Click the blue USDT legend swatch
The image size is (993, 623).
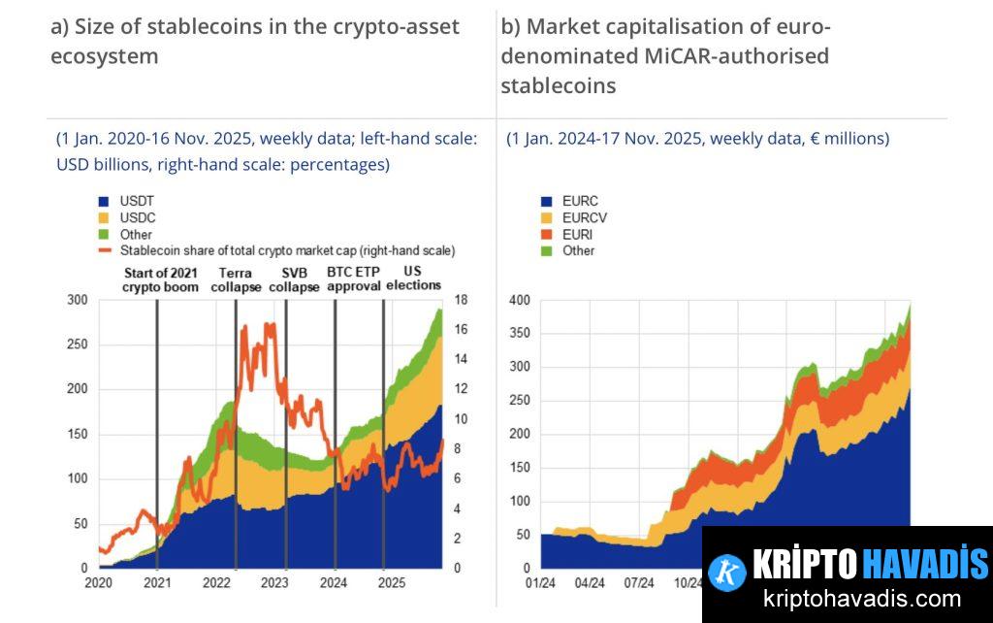[104, 202]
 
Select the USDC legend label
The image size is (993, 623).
[137, 218]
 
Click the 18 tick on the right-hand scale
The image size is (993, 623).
[463, 300]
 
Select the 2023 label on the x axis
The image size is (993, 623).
[274, 584]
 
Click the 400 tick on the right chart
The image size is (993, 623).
[520, 300]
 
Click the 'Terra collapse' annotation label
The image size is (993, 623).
[235, 279]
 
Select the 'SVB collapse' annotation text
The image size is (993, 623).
[294, 279]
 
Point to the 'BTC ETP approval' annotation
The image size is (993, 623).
[353, 279]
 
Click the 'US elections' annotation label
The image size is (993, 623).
[413, 279]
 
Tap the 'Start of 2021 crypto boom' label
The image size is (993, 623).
[160, 279]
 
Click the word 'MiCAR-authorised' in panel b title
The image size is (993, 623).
[736, 56]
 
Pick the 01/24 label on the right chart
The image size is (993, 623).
[540, 584]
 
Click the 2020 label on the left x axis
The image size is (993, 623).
[99, 584]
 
